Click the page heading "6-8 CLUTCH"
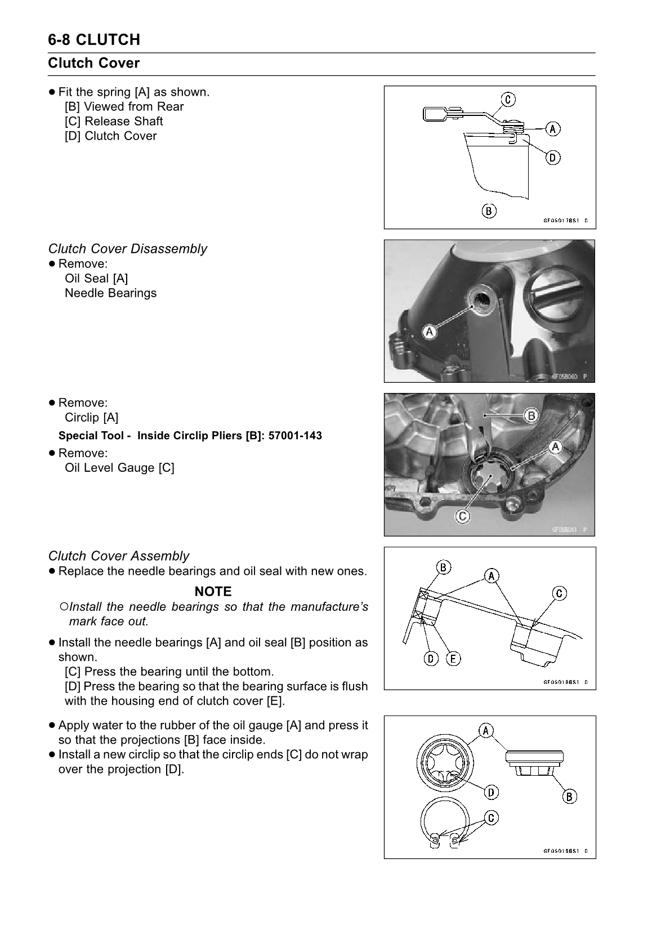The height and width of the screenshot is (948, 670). coord(94,40)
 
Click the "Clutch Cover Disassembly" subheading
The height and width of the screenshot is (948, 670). coord(127,249)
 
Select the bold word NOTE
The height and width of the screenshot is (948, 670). coord(213,592)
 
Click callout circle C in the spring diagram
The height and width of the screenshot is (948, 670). coord(507,100)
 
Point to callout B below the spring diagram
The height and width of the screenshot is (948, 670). coord(489,211)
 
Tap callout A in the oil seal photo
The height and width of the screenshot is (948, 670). coord(430,332)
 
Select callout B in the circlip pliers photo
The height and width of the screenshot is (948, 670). coord(531,416)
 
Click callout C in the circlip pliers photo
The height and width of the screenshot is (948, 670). coord(462,516)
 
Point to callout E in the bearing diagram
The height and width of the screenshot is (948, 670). coord(453,658)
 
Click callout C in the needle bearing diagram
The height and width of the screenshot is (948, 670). coord(559,593)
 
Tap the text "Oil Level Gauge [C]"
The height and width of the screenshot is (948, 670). coord(119,468)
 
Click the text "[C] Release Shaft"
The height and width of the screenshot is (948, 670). coord(114,122)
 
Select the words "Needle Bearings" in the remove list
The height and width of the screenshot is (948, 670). coord(110,293)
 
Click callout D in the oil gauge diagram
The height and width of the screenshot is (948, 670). coord(492,793)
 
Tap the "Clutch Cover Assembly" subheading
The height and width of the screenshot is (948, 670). coord(119,556)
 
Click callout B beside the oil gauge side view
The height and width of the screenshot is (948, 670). coord(569,797)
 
